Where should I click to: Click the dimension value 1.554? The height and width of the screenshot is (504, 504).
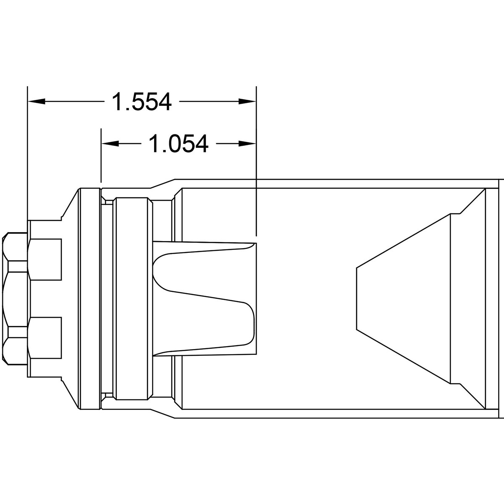[x=142, y=102]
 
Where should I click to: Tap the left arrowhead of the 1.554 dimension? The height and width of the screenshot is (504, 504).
[x=36, y=102]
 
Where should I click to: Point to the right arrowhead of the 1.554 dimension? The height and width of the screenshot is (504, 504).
[x=247, y=102]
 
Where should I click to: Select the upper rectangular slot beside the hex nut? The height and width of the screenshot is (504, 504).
[x=46, y=260]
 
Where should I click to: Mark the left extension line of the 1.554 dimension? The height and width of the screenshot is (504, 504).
[x=27, y=151]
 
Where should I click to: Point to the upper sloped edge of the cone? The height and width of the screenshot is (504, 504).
[x=403, y=240]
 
